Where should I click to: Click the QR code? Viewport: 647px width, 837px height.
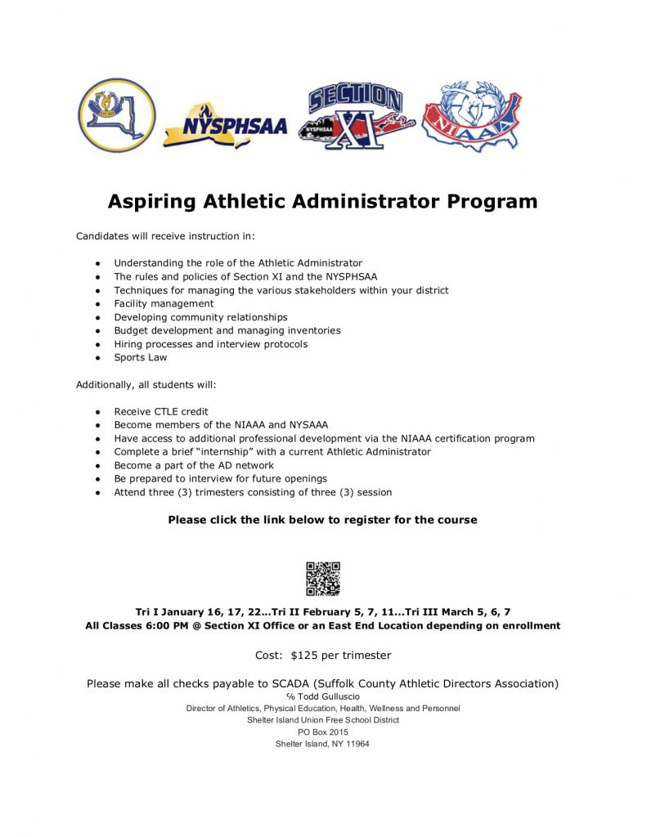point(322,579)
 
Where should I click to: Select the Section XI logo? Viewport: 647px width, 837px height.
point(357,117)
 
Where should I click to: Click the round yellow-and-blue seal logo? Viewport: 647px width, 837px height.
point(116,115)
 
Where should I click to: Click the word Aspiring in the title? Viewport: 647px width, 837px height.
point(158,201)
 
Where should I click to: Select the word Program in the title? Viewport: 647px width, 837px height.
point(492,201)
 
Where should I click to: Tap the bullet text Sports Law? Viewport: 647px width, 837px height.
point(140,357)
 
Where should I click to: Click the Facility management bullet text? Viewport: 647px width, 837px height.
point(164,303)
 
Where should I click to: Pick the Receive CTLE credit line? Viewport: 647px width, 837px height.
point(161,411)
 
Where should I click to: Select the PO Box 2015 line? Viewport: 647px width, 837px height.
point(322,732)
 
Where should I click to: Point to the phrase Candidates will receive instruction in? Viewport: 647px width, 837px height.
point(166,236)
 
